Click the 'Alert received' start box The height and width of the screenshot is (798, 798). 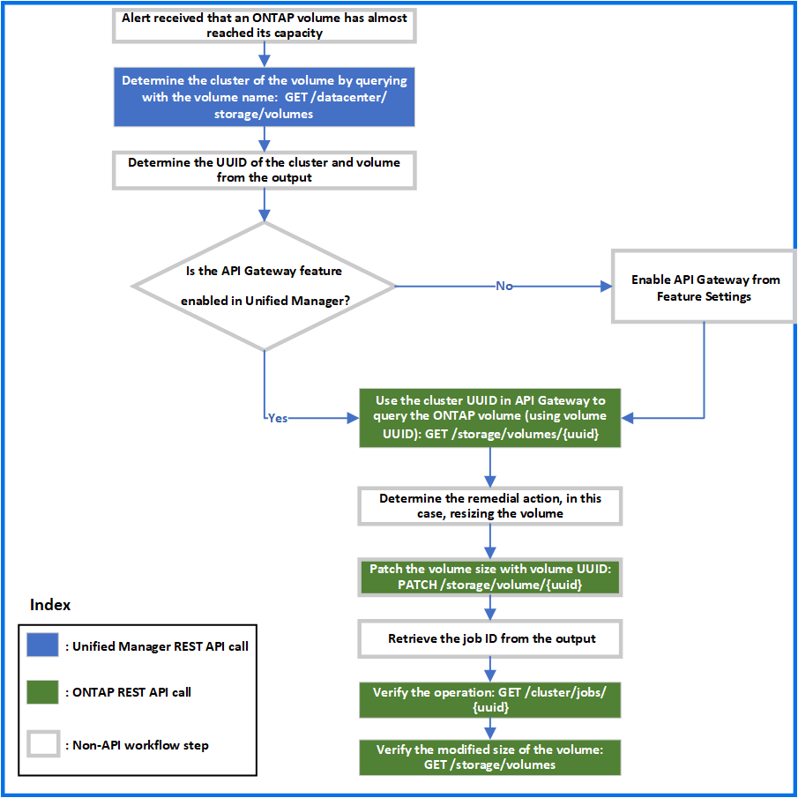pos(264,25)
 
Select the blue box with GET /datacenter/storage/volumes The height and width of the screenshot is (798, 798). pos(264,97)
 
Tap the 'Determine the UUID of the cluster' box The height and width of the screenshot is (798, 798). pos(264,169)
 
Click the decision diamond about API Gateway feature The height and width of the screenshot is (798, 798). pos(263,286)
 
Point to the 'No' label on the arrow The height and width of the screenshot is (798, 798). pos(503,286)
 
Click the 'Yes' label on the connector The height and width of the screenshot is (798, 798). pos(277,418)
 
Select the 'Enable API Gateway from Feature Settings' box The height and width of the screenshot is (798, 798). pos(704,287)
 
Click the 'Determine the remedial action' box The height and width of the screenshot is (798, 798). pos(490,505)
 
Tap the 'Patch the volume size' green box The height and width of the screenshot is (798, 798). pos(490,577)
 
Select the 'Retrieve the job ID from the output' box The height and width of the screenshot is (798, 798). pos(490,638)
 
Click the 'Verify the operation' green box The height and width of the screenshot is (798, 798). pos(490,700)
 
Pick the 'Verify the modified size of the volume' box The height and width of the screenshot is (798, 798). pos(490,757)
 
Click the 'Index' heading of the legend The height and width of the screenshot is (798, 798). pos(50,605)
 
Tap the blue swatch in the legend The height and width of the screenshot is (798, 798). pos(43,645)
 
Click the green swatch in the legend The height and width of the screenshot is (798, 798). pos(43,692)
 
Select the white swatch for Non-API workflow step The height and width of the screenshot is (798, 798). pos(43,744)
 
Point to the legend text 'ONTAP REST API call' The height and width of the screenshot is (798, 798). pos(129,692)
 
